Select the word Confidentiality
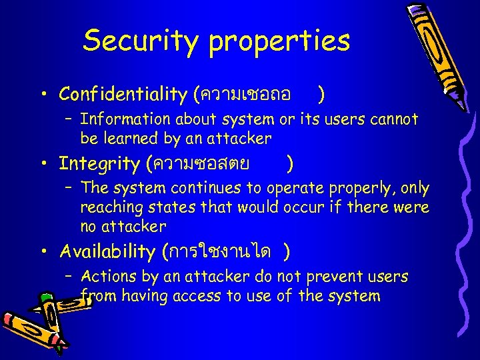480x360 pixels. tap(123, 95)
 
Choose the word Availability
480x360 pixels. tap(107, 251)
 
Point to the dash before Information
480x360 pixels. tap(69, 119)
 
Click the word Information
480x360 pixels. tap(126, 119)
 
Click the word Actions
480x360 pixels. tap(109, 276)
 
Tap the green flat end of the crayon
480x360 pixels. tap(45, 297)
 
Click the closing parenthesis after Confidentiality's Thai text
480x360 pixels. tap(321, 95)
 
